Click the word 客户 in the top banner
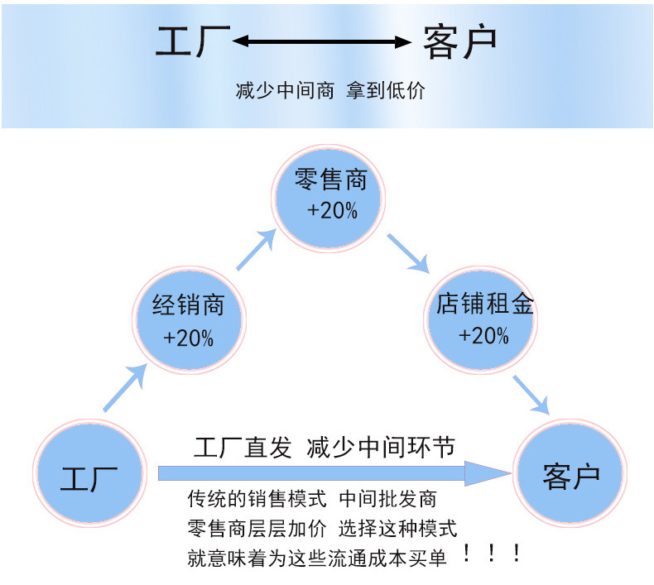tap(459, 41)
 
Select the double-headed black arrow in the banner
tap(322, 41)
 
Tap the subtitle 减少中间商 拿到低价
tap(330, 90)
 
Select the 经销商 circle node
tap(188, 319)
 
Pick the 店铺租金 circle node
tap(484, 318)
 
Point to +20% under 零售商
tap(332, 211)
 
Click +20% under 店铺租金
tap(484, 336)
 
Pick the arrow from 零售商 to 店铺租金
tap(408, 253)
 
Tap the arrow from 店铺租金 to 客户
tap(531, 394)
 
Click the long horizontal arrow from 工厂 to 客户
tap(331, 473)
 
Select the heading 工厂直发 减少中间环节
tap(324, 448)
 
